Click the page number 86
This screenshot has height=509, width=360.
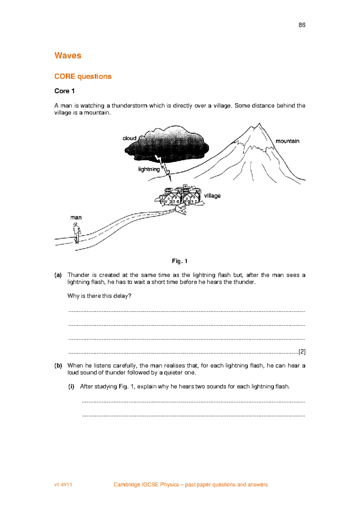pyautogui.click(x=302, y=25)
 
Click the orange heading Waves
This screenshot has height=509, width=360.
pyautogui.click(x=68, y=56)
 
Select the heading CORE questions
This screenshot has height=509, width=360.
pyautogui.click(x=83, y=77)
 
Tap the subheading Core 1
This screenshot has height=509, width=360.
pyautogui.click(x=64, y=91)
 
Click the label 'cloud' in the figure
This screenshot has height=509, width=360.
pyautogui.click(x=129, y=138)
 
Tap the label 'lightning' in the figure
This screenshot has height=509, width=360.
pyautogui.click(x=149, y=169)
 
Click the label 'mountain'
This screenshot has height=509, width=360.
pyautogui.click(x=287, y=141)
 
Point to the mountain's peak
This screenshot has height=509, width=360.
pyautogui.click(x=259, y=124)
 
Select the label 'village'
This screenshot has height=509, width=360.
pyautogui.click(x=212, y=196)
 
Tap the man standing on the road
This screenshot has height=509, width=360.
pyautogui.click(x=77, y=233)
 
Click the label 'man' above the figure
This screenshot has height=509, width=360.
pyautogui.click(x=76, y=217)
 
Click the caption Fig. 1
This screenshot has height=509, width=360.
pyautogui.click(x=180, y=261)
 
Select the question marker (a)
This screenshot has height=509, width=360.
pyautogui.click(x=58, y=275)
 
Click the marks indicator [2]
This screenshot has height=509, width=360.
pyautogui.click(x=302, y=352)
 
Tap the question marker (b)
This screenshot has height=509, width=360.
pyautogui.click(x=58, y=366)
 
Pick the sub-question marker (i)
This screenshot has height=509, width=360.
pyautogui.click(x=71, y=387)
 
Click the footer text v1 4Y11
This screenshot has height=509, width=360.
pyautogui.click(x=63, y=485)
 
